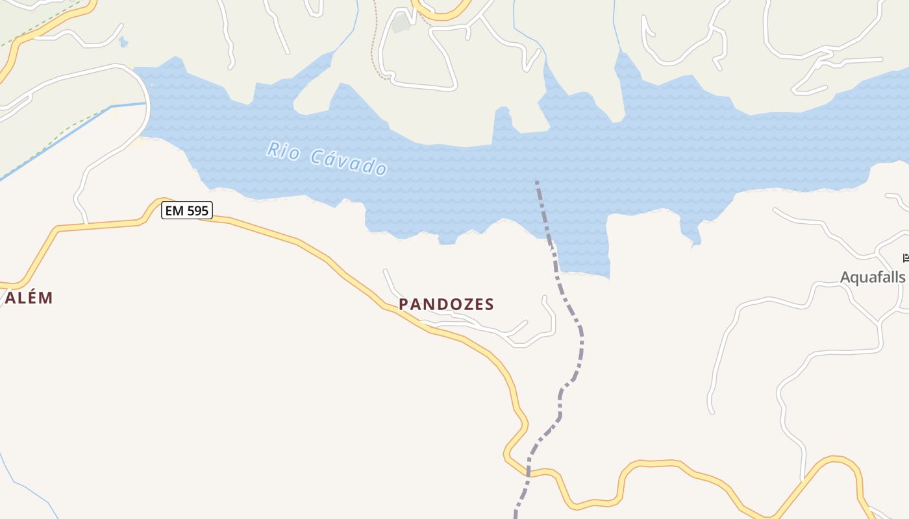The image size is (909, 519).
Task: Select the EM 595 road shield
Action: point(188,210)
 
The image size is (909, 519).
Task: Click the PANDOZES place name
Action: point(446,304)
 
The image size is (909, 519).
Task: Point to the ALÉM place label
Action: point(29,298)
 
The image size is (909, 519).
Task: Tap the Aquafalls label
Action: point(872,278)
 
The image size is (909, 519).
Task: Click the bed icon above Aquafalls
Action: point(906,258)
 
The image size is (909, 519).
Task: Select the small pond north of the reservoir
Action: point(123,43)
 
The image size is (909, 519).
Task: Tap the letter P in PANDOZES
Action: point(403,304)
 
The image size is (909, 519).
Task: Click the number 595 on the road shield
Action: point(197,210)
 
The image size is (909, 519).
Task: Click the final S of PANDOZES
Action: point(490,304)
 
